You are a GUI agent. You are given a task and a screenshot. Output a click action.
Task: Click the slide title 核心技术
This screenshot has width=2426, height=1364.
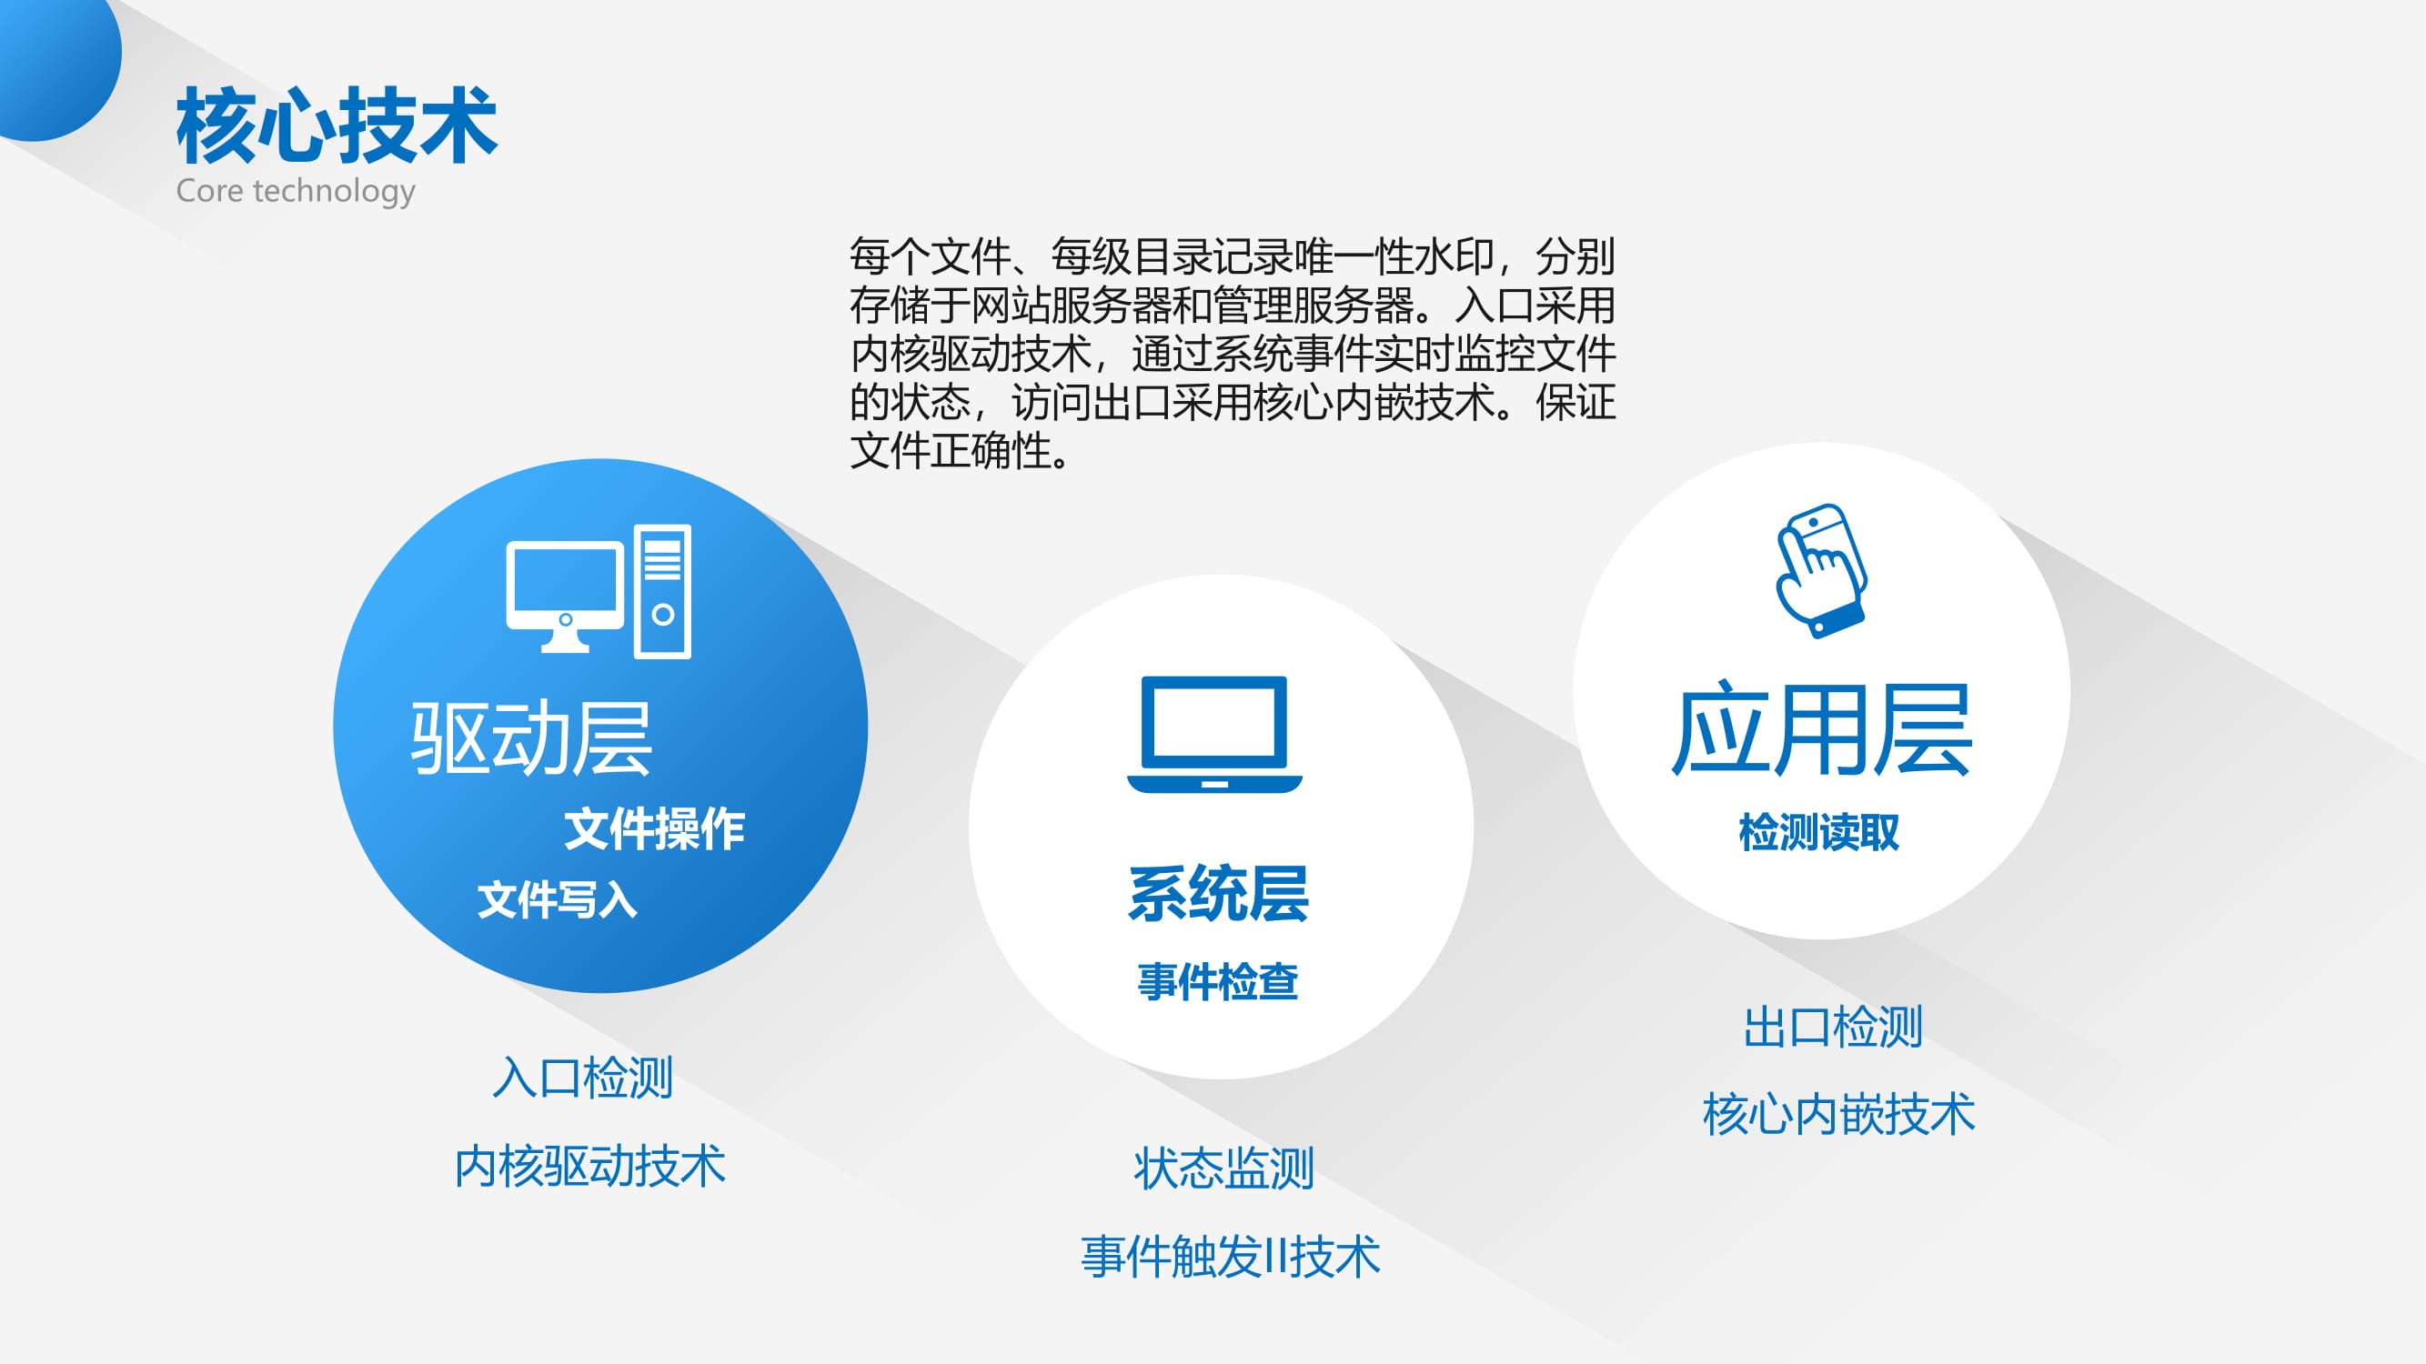[337, 125]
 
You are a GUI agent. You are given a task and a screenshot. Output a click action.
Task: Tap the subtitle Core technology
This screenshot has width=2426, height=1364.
[296, 191]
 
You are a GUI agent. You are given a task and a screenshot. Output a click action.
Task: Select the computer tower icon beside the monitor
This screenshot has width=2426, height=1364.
[662, 591]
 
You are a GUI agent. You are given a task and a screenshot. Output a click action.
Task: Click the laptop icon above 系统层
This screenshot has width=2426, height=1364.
[1215, 734]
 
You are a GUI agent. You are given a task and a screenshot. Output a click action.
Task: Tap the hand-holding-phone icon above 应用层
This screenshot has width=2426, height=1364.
[1821, 570]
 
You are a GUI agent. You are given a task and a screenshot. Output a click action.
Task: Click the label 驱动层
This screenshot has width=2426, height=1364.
[531, 738]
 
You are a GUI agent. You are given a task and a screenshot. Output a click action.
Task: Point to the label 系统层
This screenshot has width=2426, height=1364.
[1219, 893]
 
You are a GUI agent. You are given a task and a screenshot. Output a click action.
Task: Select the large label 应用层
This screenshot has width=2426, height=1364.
[1821, 730]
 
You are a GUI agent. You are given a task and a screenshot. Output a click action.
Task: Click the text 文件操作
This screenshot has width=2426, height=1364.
[655, 829]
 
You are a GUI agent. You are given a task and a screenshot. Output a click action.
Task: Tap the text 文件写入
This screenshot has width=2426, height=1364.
[558, 900]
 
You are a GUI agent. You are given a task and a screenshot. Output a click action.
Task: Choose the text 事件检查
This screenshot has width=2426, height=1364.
[1218, 982]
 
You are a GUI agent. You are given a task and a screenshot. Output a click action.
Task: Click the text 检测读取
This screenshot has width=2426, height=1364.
[1818, 832]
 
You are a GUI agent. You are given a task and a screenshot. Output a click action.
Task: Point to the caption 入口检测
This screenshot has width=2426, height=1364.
[583, 1078]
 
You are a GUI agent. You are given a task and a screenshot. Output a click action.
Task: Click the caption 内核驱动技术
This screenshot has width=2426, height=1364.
[590, 1167]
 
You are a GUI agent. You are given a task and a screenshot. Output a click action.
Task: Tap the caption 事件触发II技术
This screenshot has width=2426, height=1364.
[1231, 1257]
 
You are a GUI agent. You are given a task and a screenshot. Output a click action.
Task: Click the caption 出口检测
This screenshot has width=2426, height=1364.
[1833, 1027]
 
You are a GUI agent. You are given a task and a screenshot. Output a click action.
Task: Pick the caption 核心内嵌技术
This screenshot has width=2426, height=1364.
[1839, 1115]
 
